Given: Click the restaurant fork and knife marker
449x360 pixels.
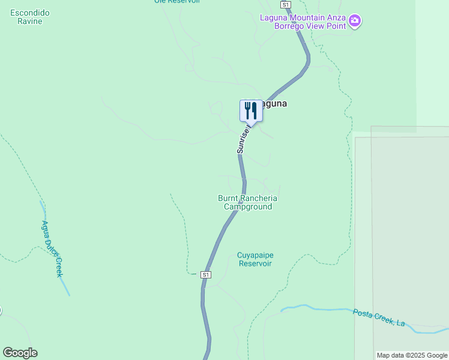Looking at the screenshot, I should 251,110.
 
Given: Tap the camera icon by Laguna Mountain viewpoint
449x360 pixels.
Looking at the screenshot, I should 355,22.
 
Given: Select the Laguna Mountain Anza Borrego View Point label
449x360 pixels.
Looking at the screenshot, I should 303,21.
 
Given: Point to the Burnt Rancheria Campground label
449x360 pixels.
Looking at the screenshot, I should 248,202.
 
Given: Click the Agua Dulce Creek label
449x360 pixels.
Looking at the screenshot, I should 52,248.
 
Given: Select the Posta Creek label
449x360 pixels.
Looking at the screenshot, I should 378,317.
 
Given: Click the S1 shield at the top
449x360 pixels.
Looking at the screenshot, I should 286,4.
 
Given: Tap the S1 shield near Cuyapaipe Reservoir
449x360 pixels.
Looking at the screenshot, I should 206,274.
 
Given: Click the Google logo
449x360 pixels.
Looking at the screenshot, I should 20,353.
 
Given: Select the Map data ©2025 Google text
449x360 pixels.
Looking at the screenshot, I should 412,355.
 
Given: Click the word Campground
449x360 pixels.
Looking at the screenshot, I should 248,206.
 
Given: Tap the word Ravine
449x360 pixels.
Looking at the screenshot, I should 30,22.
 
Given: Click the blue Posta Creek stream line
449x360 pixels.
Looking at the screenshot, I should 318,309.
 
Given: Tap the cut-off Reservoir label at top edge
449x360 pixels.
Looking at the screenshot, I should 176,2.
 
